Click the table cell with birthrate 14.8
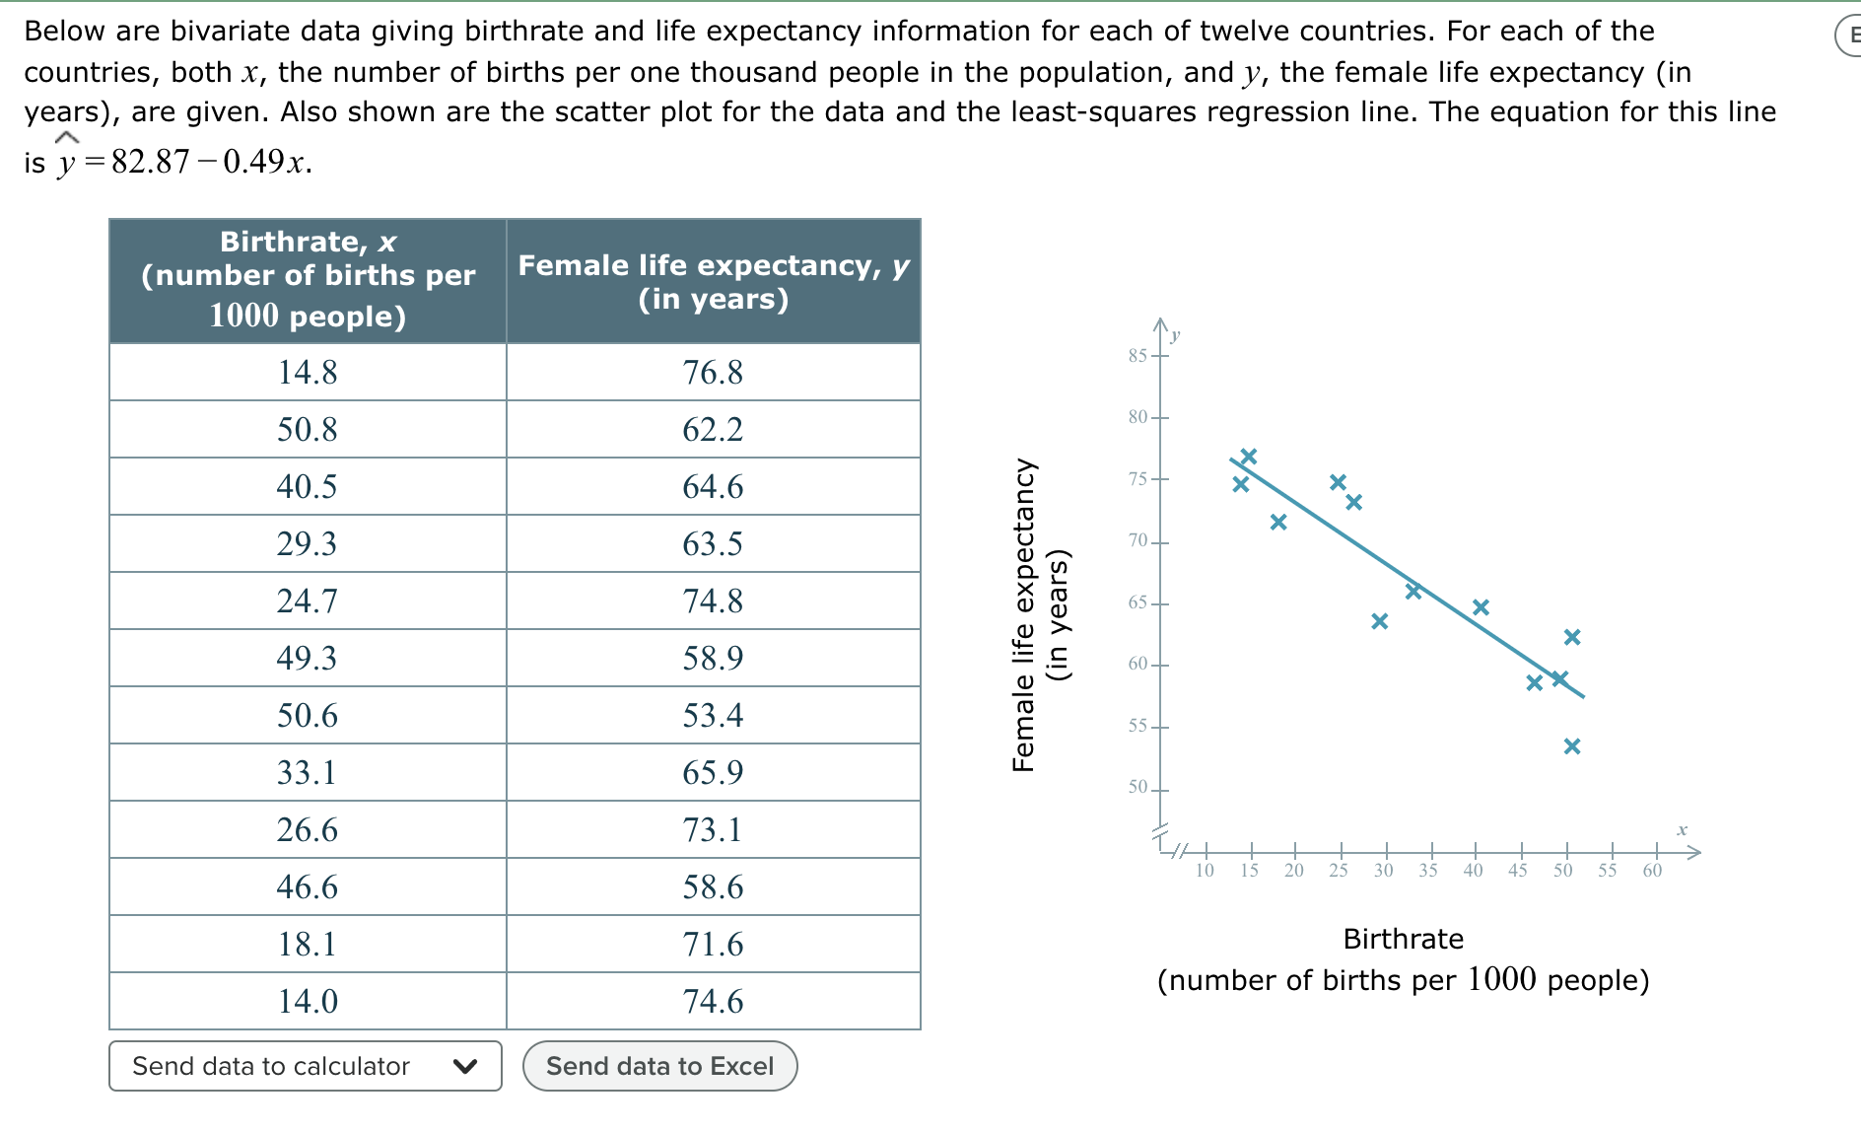click(x=308, y=373)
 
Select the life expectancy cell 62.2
click(x=713, y=430)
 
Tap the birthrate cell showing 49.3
click(x=308, y=659)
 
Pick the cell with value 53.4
click(x=713, y=716)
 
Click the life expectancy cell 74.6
click(x=713, y=1002)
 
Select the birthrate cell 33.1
click(x=308, y=773)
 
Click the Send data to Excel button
click(x=659, y=1066)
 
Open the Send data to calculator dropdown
click(x=305, y=1066)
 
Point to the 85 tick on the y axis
click(x=1138, y=355)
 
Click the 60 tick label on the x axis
click(x=1652, y=870)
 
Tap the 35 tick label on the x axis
click(x=1428, y=870)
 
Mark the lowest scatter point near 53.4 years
click(x=1572, y=746)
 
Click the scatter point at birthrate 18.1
click(x=1278, y=522)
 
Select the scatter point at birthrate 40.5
click(x=1481, y=606)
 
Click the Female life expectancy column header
click(x=713, y=281)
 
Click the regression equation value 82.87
click(x=150, y=162)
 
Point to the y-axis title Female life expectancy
click(x=1024, y=615)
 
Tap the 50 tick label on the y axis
click(x=1138, y=787)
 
